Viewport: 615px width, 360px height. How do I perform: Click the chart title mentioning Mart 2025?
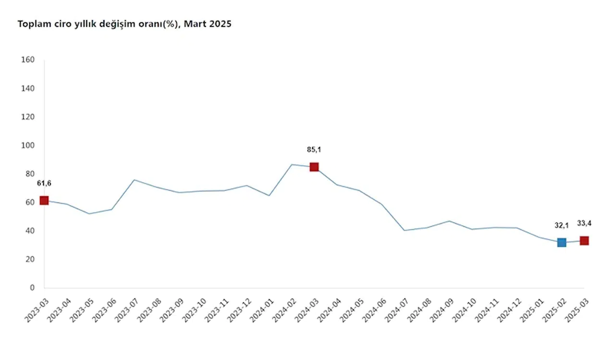[x=124, y=24]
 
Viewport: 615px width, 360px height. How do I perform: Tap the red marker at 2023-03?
[x=44, y=200]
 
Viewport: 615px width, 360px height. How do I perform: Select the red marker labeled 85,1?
[x=314, y=167]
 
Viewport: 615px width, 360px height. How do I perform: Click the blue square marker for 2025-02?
[x=562, y=242]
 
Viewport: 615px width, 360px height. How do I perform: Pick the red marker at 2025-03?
[x=584, y=240]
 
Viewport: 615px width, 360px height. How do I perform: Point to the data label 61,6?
[x=44, y=183]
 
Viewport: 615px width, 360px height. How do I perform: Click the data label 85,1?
[x=314, y=149]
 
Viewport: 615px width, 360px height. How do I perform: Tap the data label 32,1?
[x=562, y=225]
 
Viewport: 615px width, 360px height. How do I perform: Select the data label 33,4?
[x=584, y=223]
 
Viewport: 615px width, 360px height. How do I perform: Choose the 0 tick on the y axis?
[x=32, y=288]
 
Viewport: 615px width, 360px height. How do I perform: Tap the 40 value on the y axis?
[x=30, y=231]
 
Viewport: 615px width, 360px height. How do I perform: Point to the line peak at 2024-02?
[x=292, y=164]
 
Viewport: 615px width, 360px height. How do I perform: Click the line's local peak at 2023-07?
[x=134, y=180]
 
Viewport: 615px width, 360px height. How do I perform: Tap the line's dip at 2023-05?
[x=89, y=214]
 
